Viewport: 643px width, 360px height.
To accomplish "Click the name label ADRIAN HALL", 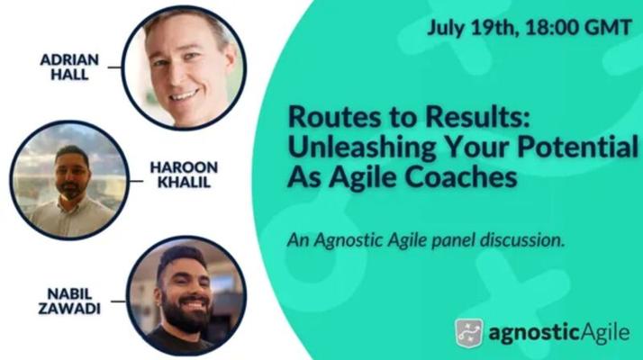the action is [x=69, y=67].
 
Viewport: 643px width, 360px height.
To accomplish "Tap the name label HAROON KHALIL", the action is [x=184, y=175].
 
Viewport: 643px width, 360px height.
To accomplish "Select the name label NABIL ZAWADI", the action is [x=69, y=301].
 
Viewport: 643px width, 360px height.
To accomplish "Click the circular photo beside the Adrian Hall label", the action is [x=184, y=67].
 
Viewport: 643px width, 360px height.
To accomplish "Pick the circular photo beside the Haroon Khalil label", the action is [x=69, y=180].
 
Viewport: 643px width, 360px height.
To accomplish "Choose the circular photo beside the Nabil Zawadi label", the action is [x=186, y=297].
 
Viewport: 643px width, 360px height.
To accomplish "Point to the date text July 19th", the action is [x=471, y=29].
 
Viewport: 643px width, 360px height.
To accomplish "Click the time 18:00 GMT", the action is [x=578, y=28].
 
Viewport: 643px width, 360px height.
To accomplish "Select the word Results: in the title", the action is [x=478, y=117].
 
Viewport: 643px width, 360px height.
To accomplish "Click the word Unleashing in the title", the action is [x=363, y=148].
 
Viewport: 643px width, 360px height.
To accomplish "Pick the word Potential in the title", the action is [x=578, y=147].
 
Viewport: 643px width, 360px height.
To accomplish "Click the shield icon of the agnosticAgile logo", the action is [x=468, y=333].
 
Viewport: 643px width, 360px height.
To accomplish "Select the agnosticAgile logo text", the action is [x=559, y=333].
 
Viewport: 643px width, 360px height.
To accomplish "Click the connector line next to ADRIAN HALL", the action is [x=114, y=67].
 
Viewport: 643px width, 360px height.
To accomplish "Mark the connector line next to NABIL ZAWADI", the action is [x=118, y=301].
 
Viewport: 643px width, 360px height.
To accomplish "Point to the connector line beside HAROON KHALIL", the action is [x=136, y=181].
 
